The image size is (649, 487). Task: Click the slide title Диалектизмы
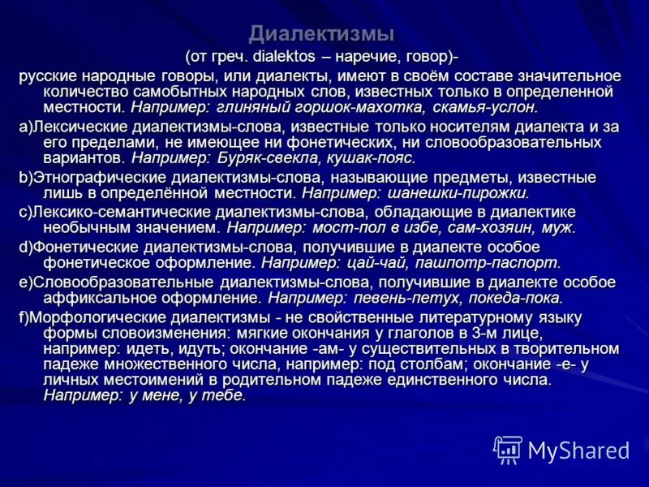coord(321,34)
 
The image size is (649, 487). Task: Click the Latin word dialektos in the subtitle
coord(282,57)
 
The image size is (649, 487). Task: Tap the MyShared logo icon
coord(508,449)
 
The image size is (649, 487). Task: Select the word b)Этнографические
coord(90,178)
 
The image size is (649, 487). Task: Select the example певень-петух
coord(409,298)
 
